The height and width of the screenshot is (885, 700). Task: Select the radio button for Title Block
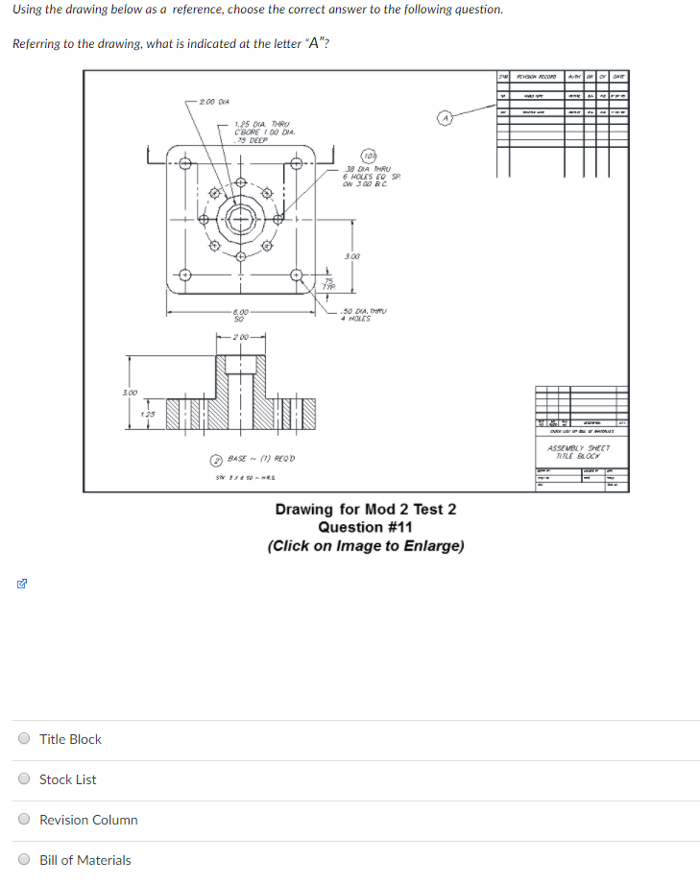[24, 739]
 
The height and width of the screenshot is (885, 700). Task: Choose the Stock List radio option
[24, 779]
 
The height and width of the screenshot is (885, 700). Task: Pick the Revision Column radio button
[24, 820]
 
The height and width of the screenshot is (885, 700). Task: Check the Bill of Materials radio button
[24, 860]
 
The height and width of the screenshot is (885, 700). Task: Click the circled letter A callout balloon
[444, 117]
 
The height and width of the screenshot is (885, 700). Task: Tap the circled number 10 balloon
[368, 156]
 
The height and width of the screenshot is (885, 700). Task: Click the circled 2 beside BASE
[217, 458]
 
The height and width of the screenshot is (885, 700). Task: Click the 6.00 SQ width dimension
[240, 314]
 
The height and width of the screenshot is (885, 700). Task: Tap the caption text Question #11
[366, 527]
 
